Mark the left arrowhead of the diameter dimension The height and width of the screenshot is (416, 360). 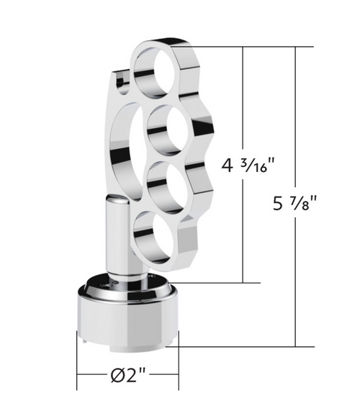80,376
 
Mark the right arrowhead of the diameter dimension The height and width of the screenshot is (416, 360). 175,376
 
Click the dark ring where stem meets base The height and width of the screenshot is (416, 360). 122,286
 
